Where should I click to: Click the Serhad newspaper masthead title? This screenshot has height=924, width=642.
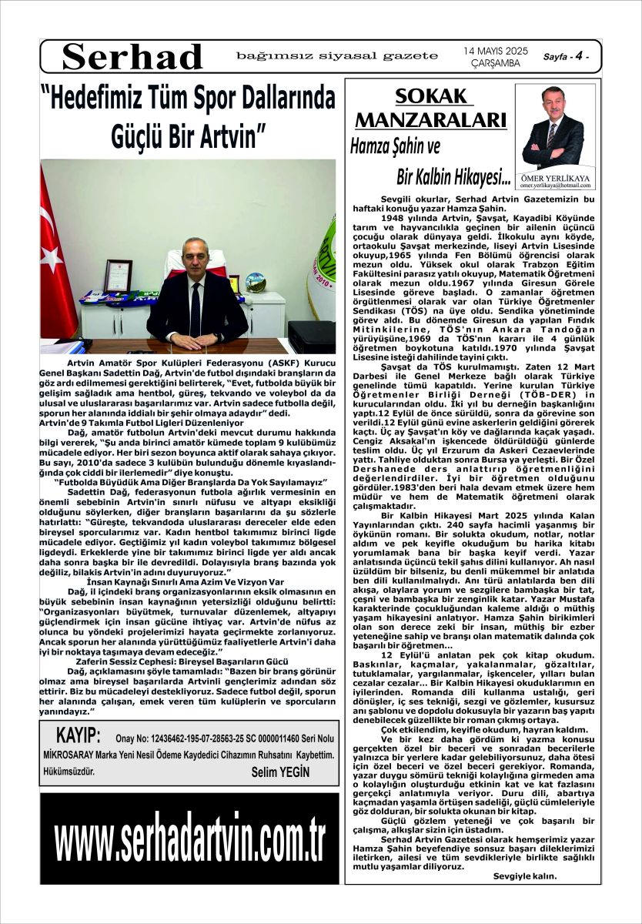pos(132,56)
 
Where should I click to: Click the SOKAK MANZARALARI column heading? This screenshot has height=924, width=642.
pos(430,109)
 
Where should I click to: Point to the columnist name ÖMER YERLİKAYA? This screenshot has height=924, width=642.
pos(555,178)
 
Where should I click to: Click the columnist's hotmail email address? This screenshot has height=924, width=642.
pos(555,186)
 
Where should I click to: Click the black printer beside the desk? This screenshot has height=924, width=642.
pos(311,336)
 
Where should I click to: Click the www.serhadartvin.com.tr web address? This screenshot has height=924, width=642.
pos(189,839)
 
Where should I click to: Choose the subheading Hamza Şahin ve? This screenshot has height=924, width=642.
pos(395,146)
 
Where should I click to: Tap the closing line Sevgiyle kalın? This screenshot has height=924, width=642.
pos(524,875)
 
